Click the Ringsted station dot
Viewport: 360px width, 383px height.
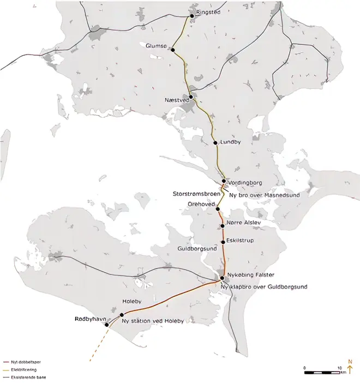[191, 16]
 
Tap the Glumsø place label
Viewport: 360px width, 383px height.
[155, 46]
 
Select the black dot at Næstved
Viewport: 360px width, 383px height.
[191, 96]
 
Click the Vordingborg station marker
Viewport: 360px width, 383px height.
[224, 182]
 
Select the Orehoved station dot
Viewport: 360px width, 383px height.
[217, 209]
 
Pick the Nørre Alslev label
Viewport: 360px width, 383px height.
[241, 223]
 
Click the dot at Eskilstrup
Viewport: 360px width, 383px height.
[223, 242]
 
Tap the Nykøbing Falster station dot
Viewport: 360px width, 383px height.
[222, 278]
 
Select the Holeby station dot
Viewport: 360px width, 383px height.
[122, 315]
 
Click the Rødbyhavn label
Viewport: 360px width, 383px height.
[89, 318]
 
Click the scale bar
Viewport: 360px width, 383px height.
[323, 372]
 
